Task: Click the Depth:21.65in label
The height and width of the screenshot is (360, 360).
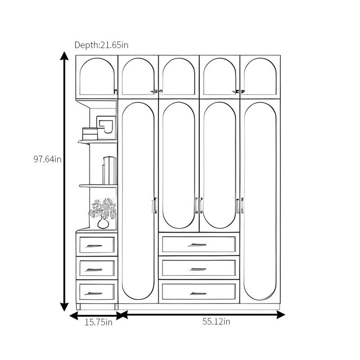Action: pos(101,45)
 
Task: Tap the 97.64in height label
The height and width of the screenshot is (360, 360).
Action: pos(48,159)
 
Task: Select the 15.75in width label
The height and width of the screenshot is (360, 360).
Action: pos(99,322)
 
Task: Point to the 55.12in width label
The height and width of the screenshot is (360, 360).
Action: pos(216,321)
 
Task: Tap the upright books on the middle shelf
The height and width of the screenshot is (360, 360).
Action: pos(109,171)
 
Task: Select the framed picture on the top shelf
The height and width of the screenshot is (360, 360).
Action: pos(106,128)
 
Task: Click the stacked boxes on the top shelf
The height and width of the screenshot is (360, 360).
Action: pos(90,134)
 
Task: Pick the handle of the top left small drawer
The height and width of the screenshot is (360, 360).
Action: pos(94,246)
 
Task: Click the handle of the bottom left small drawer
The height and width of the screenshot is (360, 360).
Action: pos(94,294)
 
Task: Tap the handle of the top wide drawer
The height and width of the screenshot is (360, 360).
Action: pos(197,245)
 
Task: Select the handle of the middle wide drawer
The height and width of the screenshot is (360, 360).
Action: pos(197,269)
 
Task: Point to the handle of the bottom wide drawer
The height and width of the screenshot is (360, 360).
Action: pos(198,293)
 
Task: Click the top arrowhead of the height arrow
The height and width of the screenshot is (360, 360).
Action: pos(64,55)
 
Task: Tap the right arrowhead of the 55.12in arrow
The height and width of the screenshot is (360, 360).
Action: pos(281,315)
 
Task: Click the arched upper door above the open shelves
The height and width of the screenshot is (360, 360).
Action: pos(97,77)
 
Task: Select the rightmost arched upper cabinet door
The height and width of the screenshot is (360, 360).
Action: pos(260,77)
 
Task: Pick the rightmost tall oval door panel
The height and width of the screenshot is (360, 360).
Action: pos(260,201)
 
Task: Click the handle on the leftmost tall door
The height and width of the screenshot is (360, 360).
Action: pos(154,206)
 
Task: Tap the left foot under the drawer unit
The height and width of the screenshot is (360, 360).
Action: pos(78,307)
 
